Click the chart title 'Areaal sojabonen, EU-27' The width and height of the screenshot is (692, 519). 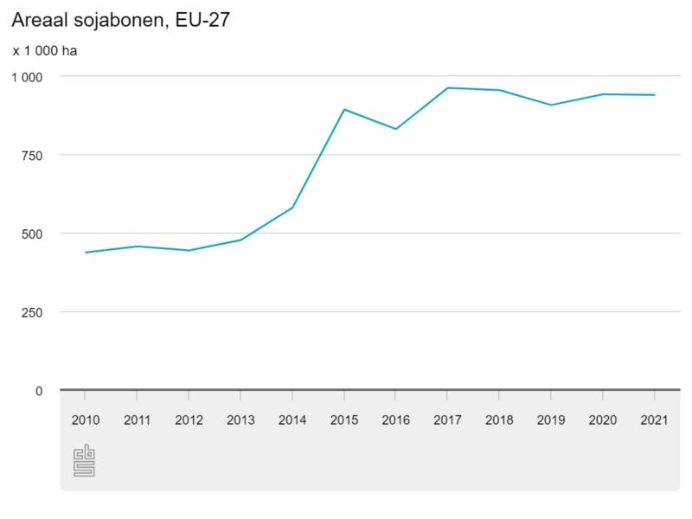pyautogui.click(x=120, y=20)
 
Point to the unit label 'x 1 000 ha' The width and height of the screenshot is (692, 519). pyautogui.click(x=45, y=51)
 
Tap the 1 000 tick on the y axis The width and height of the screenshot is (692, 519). pyautogui.click(x=26, y=77)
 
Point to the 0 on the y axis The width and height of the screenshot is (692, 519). pyautogui.click(x=38, y=391)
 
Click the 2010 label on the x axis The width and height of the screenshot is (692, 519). pyautogui.click(x=86, y=420)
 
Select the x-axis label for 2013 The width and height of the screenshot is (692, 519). pyautogui.click(x=240, y=420)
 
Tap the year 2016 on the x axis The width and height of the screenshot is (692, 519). pyautogui.click(x=395, y=420)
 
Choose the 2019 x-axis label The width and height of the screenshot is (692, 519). pyautogui.click(x=550, y=420)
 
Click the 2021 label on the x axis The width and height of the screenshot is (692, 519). pyautogui.click(x=654, y=420)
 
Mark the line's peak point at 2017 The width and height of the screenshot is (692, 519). pyautogui.click(x=447, y=87)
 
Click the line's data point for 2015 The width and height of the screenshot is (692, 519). pyautogui.click(x=344, y=109)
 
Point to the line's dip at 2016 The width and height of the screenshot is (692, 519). pyautogui.click(x=395, y=129)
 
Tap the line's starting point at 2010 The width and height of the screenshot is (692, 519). pyautogui.click(x=86, y=253)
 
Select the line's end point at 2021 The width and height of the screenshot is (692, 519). pyautogui.click(x=654, y=95)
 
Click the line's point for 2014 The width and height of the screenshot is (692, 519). pyautogui.click(x=292, y=208)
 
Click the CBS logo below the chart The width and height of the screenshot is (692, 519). pyautogui.click(x=84, y=460)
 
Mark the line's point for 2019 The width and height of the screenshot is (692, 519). pyautogui.click(x=550, y=105)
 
